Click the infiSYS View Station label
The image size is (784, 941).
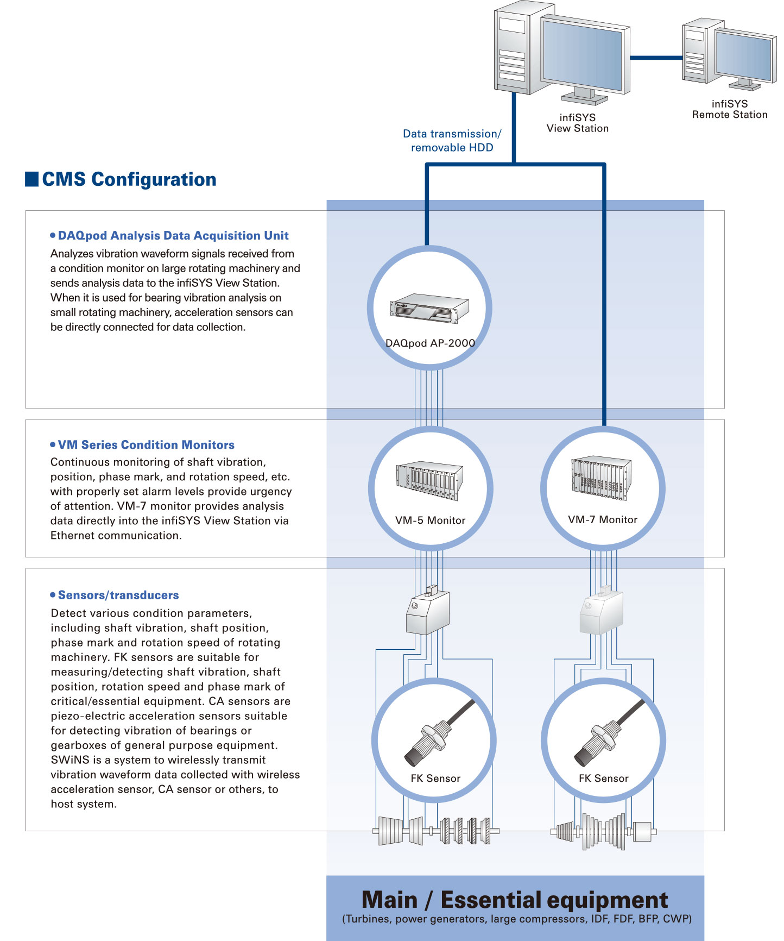577,123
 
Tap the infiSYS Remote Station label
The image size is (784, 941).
729,109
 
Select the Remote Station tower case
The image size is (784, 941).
697,52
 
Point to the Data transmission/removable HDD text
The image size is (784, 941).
452,141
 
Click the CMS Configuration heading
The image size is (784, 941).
129,179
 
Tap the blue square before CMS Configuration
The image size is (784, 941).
32,179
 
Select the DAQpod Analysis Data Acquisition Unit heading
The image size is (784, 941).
173,236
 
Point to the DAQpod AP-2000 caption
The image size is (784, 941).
430,343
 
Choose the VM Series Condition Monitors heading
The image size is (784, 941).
146,445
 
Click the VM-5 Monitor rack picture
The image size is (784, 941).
429,480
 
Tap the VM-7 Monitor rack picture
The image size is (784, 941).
601,477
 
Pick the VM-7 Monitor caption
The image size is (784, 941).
603,520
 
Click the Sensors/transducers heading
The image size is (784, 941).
118,595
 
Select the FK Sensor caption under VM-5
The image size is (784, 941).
435,779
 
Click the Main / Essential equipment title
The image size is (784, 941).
514,900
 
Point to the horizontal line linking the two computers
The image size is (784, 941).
656,57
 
